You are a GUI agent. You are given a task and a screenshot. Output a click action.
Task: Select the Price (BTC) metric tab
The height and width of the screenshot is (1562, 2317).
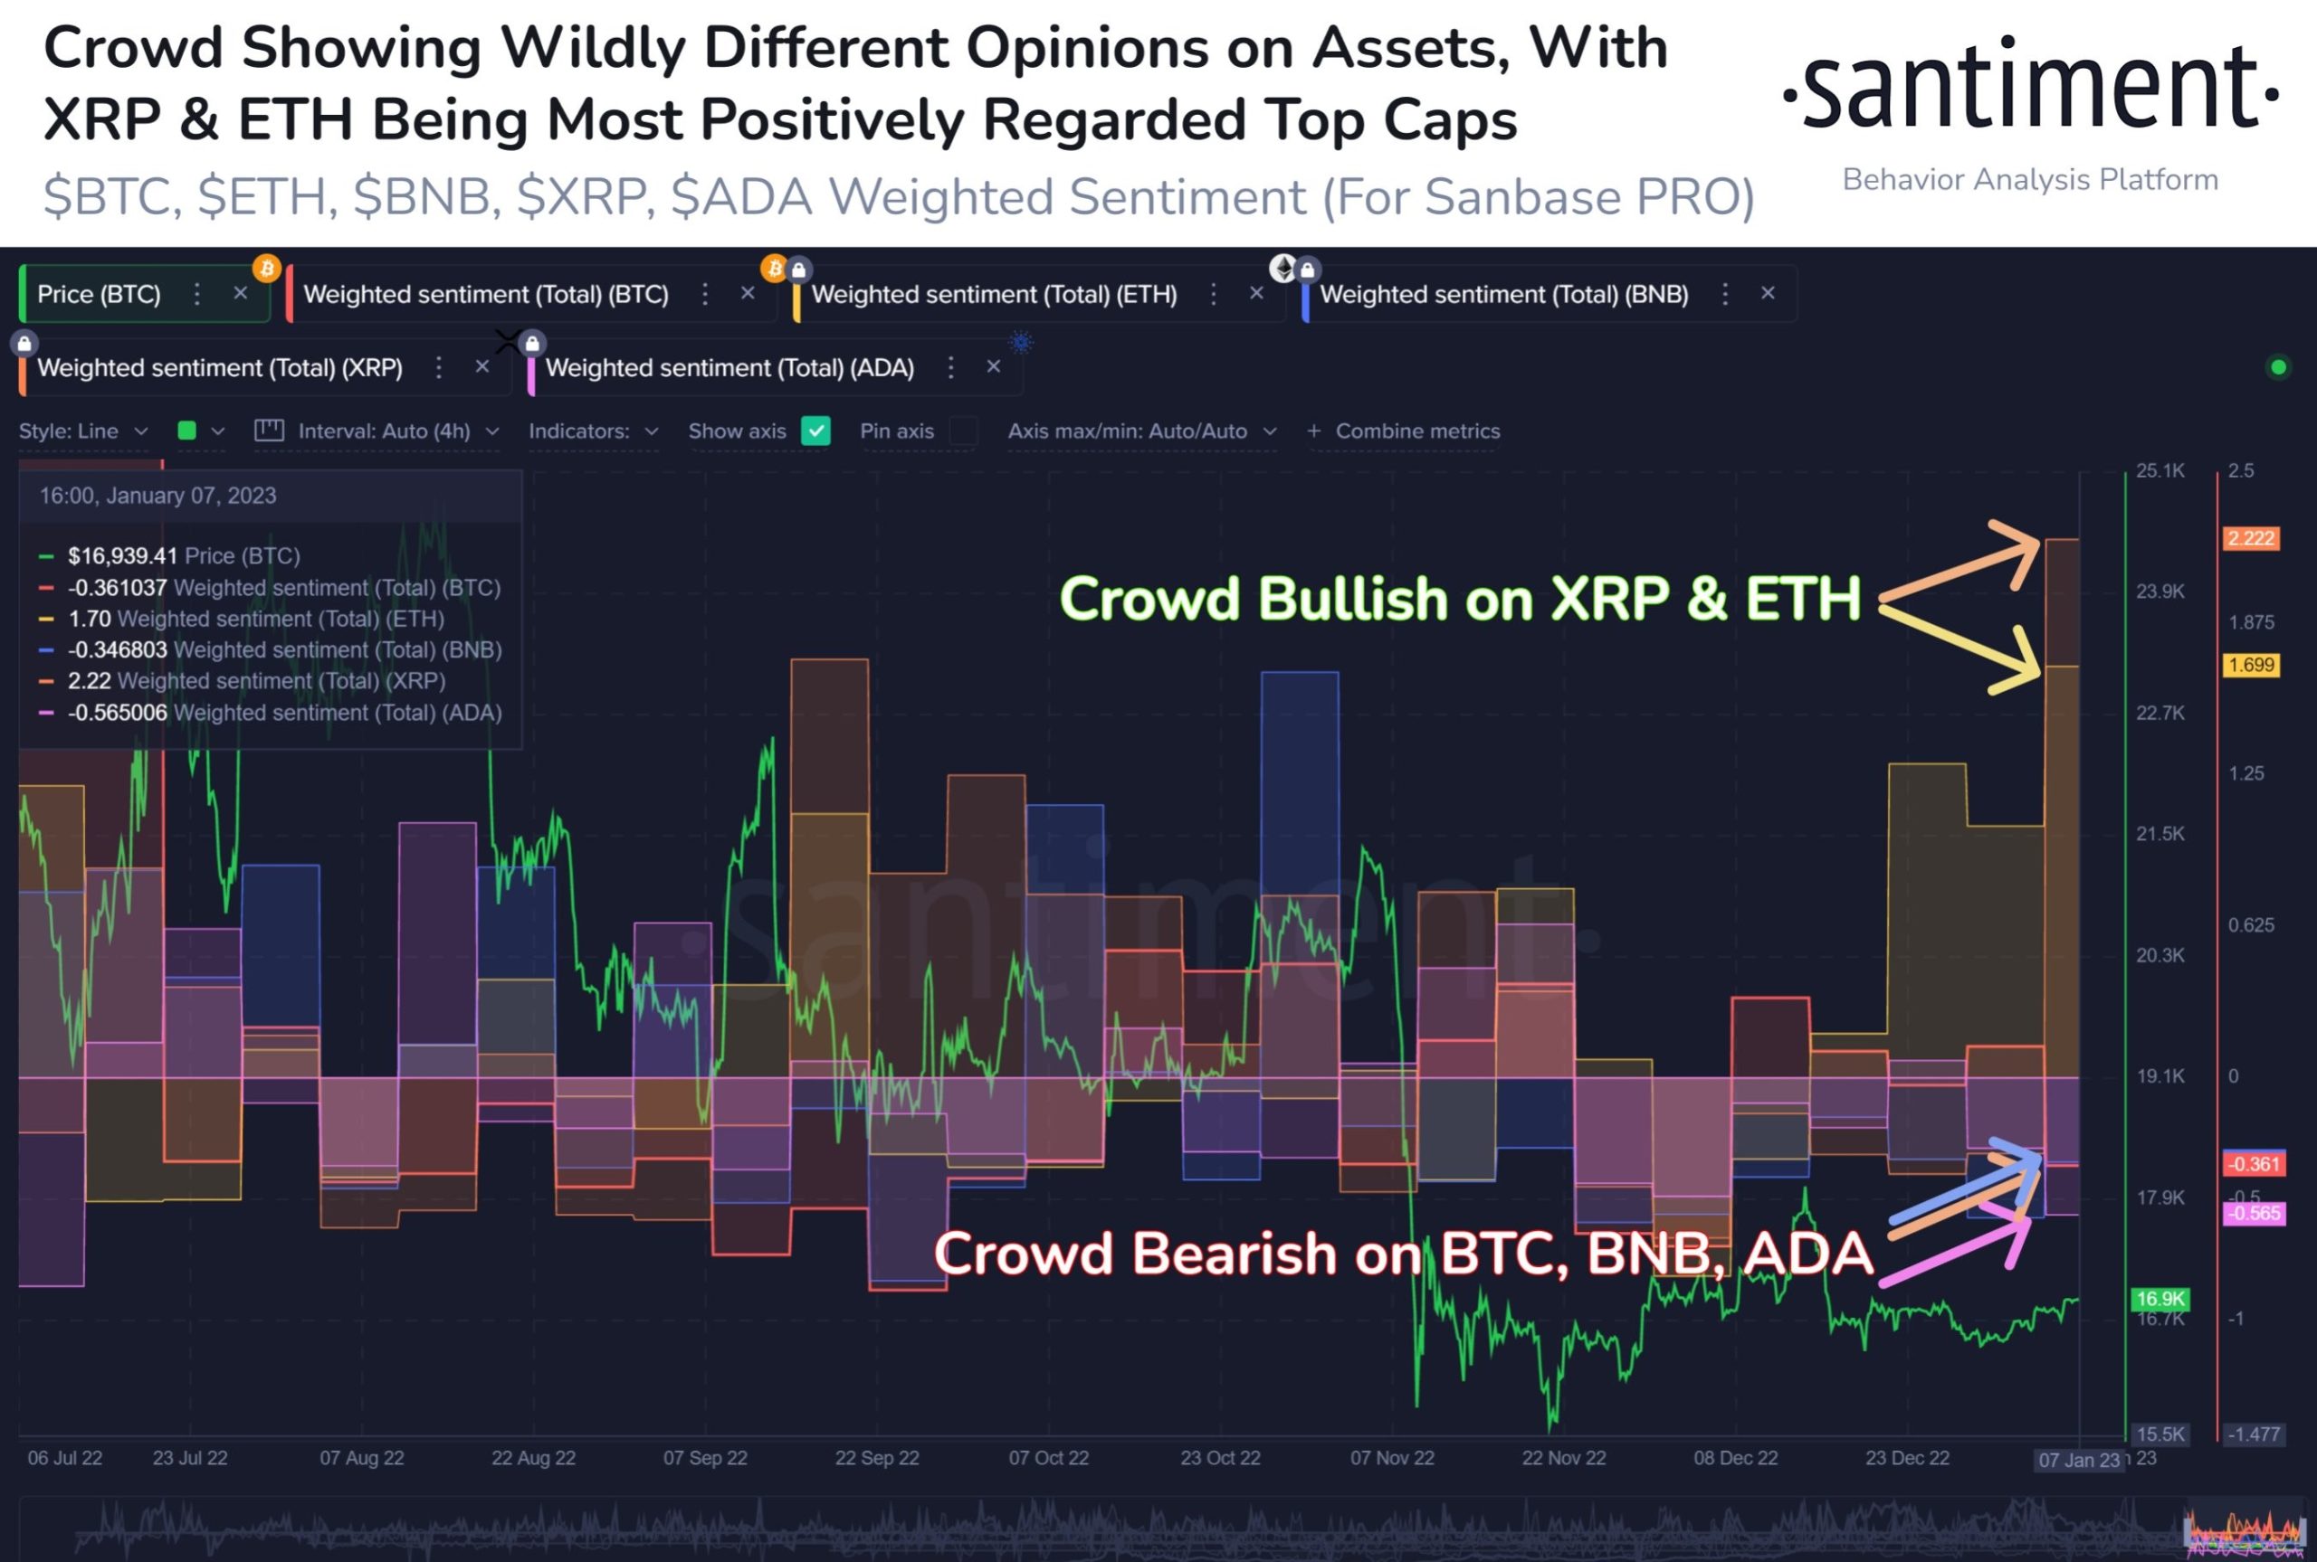pyautogui.click(x=99, y=294)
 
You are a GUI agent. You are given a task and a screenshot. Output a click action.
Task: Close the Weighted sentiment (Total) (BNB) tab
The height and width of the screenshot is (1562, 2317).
pyautogui.click(x=1767, y=293)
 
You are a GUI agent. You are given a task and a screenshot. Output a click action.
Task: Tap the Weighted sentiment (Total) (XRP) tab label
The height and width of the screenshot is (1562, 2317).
pyautogui.click(x=219, y=367)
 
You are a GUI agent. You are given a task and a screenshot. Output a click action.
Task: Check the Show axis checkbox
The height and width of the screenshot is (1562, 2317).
pyautogui.click(x=815, y=431)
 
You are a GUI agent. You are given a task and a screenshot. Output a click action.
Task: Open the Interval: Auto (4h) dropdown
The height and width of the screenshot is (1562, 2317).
pyautogui.click(x=385, y=431)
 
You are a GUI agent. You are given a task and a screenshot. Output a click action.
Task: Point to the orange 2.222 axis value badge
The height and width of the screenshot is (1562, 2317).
pyautogui.click(x=2250, y=539)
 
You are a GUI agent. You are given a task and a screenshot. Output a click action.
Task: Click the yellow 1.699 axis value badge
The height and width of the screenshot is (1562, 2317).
pyautogui.click(x=2250, y=665)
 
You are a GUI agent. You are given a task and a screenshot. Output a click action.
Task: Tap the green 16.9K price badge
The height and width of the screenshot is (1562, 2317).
pyautogui.click(x=2159, y=1298)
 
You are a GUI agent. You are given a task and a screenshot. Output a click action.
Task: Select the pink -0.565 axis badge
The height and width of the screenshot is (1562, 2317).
pyautogui.click(x=2254, y=1214)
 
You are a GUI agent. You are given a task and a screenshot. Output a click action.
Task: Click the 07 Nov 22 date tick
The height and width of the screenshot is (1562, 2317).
pyautogui.click(x=1391, y=1457)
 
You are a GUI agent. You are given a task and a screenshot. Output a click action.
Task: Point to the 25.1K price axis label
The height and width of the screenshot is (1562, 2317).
pyautogui.click(x=2160, y=470)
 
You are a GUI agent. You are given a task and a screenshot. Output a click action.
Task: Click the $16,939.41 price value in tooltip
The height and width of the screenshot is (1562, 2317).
pyautogui.click(x=121, y=556)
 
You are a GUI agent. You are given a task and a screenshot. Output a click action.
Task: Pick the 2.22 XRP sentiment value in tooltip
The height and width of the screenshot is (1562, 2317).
pyautogui.click(x=89, y=680)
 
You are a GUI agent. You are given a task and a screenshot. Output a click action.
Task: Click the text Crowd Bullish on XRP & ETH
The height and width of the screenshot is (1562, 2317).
pyautogui.click(x=1459, y=599)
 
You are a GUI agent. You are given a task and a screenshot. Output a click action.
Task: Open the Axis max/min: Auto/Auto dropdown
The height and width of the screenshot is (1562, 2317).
pyautogui.click(x=1141, y=431)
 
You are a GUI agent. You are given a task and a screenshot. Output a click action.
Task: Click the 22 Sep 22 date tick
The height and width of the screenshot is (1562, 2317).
pyautogui.click(x=876, y=1457)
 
